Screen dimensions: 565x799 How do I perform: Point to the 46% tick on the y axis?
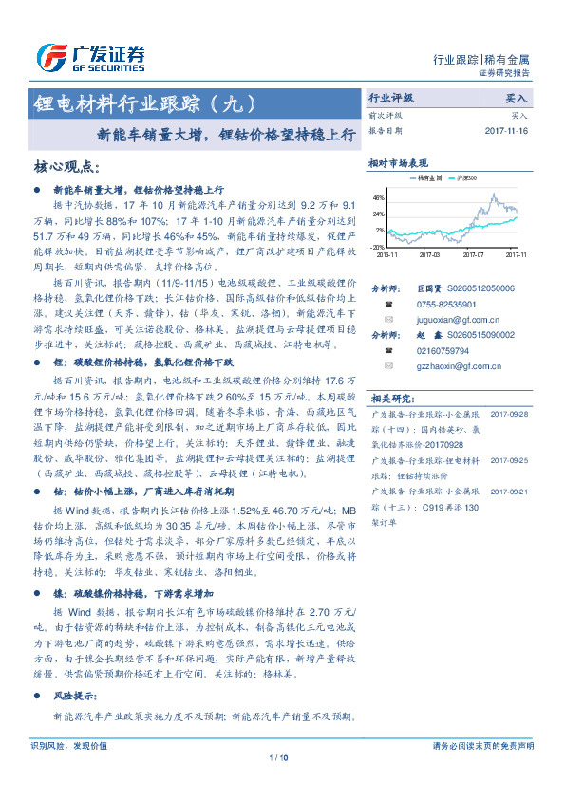[379, 198]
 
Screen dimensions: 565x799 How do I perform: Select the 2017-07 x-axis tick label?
[473, 254]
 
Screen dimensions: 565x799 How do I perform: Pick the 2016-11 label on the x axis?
[386, 254]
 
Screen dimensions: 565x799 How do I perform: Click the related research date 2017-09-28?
[510, 414]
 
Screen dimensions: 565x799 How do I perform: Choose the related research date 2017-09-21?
[510, 491]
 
